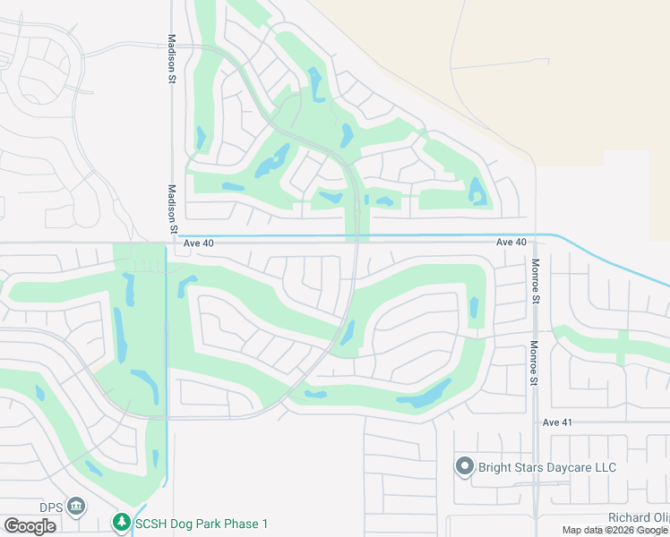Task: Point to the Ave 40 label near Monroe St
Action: pos(511,243)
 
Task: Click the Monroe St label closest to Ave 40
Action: pos(535,281)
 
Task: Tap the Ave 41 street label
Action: pos(556,422)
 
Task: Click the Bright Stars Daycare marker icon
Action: pos(464,466)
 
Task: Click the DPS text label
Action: pos(51,506)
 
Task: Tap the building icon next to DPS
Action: pos(77,507)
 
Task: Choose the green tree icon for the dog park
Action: pos(122,522)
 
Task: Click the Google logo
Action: pos(30,525)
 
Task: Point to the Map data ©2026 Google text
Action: pos(614,531)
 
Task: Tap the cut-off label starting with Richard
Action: pos(638,517)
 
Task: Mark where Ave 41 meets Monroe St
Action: pos(535,422)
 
